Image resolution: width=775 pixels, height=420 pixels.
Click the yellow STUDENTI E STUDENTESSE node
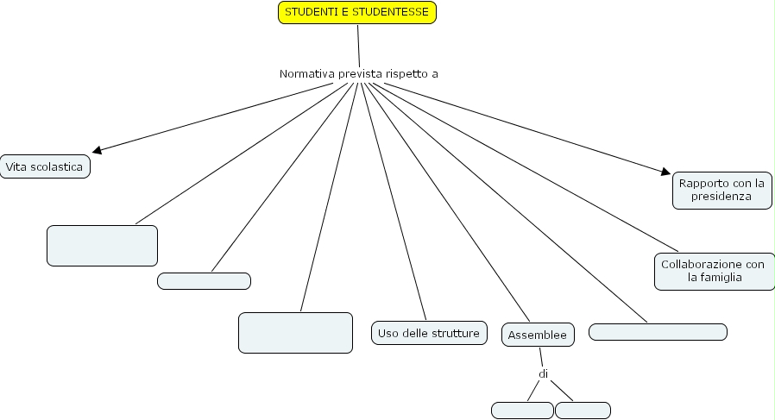(x=357, y=12)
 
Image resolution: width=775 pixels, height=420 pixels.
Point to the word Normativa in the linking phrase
(x=306, y=74)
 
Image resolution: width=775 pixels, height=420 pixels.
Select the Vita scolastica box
(x=45, y=166)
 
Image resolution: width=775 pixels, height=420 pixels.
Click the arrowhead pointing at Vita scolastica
(x=98, y=150)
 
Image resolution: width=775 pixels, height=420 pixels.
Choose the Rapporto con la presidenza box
(x=721, y=190)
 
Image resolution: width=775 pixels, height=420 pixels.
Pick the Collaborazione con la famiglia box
(x=713, y=271)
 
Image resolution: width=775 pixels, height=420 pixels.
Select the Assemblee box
(x=538, y=335)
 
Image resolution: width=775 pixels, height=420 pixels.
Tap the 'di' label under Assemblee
(x=544, y=374)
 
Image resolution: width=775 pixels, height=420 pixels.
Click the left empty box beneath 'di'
(x=522, y=411)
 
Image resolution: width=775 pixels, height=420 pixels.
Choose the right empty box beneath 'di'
(x=583, y=411)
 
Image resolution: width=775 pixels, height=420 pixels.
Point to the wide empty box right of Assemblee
(x=658, y=332)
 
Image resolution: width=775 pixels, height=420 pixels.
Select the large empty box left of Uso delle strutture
(x=295, y=333)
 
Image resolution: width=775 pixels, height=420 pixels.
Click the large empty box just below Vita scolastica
(x=102, y=246)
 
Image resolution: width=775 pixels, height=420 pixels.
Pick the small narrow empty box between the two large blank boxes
(x=204, y=281)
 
